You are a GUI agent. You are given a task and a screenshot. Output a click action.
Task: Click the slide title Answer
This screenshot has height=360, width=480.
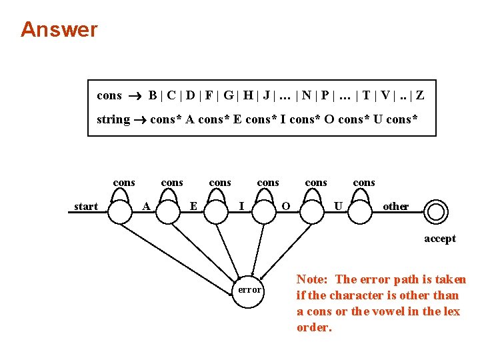[59, 29]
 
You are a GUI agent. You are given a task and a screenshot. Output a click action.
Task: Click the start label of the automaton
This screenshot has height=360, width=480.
[86, 207]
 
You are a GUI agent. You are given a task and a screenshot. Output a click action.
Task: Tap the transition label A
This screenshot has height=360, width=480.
[146, 206]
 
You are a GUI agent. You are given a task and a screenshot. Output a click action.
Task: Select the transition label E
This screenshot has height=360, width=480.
[193, 206]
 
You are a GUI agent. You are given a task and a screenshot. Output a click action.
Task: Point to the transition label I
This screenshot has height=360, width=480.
[241, 206]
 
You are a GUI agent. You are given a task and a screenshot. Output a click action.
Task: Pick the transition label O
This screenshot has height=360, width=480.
[286, 206]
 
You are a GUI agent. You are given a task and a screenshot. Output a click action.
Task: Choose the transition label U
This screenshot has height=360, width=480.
[338, 206]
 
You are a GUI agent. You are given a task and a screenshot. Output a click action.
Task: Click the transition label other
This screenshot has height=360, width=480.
[395, 206]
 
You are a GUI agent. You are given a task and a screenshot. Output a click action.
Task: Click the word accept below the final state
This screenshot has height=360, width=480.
[440, 239]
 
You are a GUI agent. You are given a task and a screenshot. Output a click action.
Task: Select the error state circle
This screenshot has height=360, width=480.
[250, 290]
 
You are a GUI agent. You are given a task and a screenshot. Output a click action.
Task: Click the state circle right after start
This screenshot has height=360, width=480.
[120, 212]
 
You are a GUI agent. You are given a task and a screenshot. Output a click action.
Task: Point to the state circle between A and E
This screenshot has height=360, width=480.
[169, 212]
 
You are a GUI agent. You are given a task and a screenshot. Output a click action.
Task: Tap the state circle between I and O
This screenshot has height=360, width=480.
[264, 212]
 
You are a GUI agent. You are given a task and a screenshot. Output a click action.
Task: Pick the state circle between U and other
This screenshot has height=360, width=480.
[360, 212]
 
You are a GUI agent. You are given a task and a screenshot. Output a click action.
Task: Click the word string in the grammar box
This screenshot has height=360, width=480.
[113, 120]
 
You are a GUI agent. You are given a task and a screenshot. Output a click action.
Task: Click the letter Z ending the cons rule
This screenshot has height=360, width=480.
[420, 95]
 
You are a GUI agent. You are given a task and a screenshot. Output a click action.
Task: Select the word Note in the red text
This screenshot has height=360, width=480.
[311, 279]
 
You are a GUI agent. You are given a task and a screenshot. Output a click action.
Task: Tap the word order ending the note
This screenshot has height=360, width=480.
[313, 327]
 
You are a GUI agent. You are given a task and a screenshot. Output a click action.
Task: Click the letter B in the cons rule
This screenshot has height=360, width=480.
[153, 95]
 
